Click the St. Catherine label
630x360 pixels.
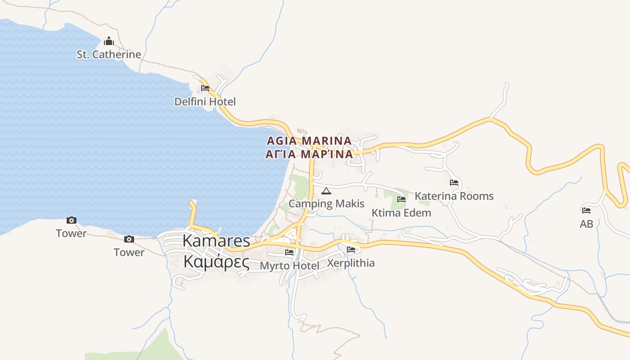109,54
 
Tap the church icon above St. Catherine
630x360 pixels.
109,42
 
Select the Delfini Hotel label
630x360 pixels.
205,102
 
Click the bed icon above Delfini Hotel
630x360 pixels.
205,88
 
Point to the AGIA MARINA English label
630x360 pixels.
309,141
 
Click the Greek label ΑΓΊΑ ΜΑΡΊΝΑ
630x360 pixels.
309,154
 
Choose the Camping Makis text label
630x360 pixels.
326,203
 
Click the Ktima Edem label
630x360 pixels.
401,212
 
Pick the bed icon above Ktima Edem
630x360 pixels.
401,199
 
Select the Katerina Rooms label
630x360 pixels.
454,196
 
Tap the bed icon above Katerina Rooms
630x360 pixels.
454,183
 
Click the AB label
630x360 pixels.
586,224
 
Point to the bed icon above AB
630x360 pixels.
586,210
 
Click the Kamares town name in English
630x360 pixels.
216,241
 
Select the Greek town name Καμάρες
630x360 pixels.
216,261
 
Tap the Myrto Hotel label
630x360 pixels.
289,265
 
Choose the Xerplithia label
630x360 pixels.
351,263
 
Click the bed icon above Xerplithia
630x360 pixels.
351,250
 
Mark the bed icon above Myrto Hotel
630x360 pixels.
289,252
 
